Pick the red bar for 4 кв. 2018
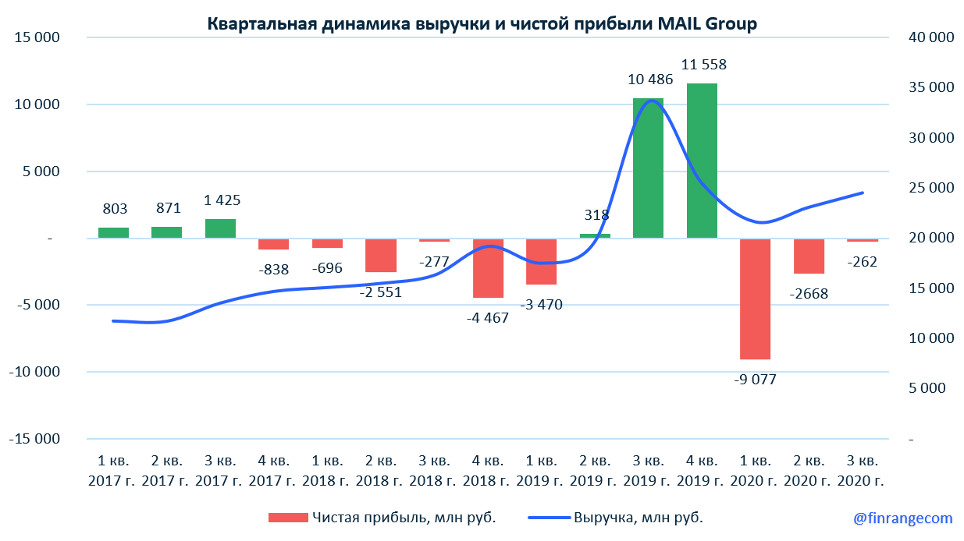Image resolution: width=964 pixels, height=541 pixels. (488, 268)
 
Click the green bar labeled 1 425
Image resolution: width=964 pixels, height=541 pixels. (220, 228)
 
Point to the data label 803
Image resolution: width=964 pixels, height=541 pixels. (114, 208)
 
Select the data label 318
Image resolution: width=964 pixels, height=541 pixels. (596, 215)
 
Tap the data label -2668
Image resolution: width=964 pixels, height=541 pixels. (809, 294)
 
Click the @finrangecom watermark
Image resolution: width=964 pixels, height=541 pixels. (902, 518)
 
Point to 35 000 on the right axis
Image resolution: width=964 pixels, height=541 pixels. (930, 87)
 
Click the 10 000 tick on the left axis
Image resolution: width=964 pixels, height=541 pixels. (34, 104)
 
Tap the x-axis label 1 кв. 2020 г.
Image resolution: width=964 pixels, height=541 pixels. (756, 469)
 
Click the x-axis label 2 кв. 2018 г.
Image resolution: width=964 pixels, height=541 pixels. (381, 469)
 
